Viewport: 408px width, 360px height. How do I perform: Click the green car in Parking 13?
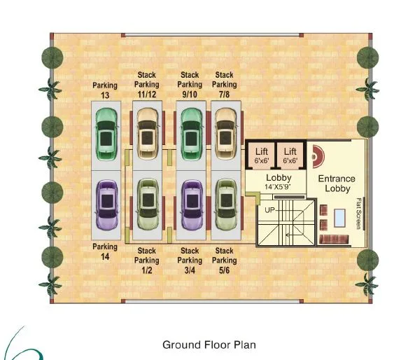pos(106,134)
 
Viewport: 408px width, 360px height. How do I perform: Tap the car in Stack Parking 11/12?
pos(147,134)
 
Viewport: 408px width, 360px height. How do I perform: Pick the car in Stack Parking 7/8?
pos(225,134)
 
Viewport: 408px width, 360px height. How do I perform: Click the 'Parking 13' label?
pos(105,90)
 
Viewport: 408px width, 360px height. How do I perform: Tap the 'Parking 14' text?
pos(105,251)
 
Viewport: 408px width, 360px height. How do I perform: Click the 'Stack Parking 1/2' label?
pos(147,261)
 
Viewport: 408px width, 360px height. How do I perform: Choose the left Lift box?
pos(262,155)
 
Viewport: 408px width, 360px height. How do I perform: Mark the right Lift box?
pos(290,155)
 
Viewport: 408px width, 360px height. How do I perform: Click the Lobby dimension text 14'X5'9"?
pos(278,187)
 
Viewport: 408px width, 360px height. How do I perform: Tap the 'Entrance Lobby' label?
pos(337,184)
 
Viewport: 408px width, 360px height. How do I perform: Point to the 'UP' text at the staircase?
pos(269,209)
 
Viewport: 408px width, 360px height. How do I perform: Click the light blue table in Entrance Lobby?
pos(339,219)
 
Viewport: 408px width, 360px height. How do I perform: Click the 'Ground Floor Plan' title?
pos(209,345)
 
